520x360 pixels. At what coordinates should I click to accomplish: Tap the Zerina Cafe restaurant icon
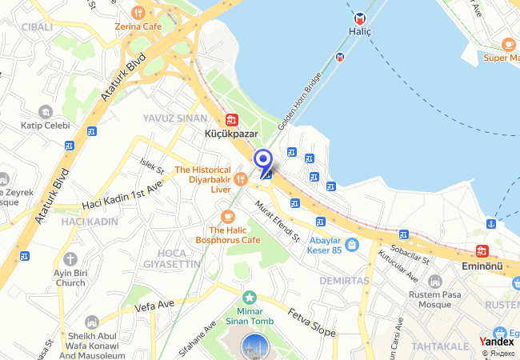[138, 12]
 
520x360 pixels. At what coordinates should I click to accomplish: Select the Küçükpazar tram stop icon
[231, 119]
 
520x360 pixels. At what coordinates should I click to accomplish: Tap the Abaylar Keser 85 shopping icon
[353, 243]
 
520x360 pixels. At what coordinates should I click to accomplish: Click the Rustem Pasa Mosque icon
[434, 282]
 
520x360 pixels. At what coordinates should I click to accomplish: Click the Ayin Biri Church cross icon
[70, 259]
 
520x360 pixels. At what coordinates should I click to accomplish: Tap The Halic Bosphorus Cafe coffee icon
[228, 216]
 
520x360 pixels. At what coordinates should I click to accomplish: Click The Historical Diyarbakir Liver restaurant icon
[239, 179]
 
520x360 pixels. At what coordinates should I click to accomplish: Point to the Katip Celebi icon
[45, 112]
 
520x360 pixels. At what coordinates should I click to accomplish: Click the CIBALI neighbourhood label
[38, 26]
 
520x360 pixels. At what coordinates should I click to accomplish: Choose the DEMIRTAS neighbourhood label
[344, 281]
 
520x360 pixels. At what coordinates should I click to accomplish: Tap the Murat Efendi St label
[277, 222]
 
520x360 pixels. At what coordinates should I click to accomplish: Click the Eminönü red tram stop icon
[482, 250]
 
